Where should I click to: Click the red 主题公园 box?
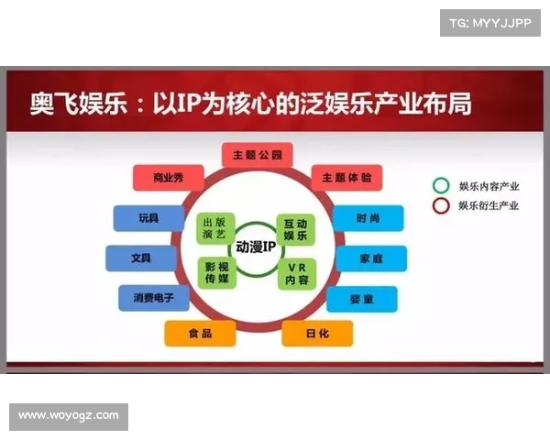point(258,155)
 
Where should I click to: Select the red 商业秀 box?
point(169,178)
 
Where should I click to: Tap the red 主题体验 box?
point(346,178)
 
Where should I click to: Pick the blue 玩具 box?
point(148,218)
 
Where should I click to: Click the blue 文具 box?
point(141,258)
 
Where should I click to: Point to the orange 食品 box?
point(200,334)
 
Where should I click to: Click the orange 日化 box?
point(317,334)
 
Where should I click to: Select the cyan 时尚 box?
point(367,218)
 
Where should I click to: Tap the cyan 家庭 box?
point(371,258)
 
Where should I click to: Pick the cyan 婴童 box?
point(361,299)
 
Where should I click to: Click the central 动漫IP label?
point(257,247)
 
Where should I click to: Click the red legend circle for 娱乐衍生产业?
point(441,205)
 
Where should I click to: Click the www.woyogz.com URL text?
point(69,416)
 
